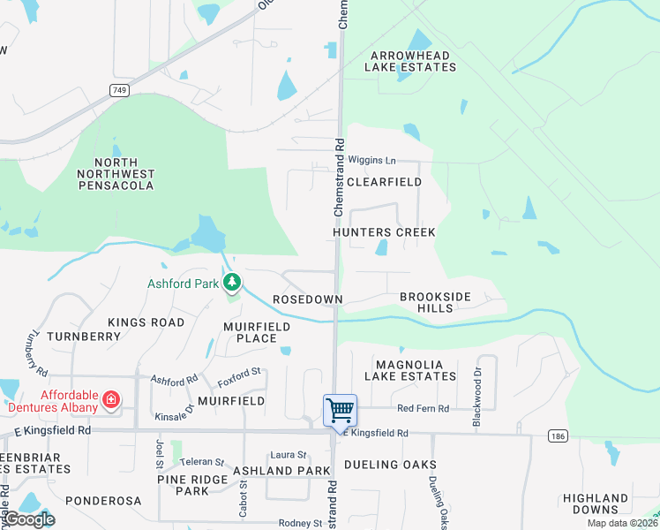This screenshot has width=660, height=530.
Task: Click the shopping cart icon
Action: tap(340, 410)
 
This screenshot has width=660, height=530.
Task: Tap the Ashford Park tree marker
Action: tap(232, 283)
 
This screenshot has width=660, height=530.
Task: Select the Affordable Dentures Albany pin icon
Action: tap(111, 399)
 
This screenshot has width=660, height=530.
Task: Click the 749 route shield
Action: tap(118, 90)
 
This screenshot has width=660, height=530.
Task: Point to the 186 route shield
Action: tap(557, 435)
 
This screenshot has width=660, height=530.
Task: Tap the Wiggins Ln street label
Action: tap(372, 160)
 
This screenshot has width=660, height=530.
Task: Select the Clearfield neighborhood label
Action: tap(384, 182)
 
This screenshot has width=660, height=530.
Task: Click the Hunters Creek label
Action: tap(384, 232)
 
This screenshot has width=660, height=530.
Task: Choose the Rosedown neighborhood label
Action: tap(307, 300)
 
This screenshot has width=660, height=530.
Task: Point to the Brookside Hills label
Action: tap(436, 302)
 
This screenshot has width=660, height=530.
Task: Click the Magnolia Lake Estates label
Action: tap(416, 370)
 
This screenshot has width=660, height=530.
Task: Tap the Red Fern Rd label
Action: tap(423, 408)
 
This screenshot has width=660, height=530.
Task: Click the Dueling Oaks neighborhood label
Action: tap(390, 465)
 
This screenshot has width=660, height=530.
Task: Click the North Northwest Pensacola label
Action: tap(116, 174)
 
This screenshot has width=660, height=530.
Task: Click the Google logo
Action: tap(29, 519)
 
